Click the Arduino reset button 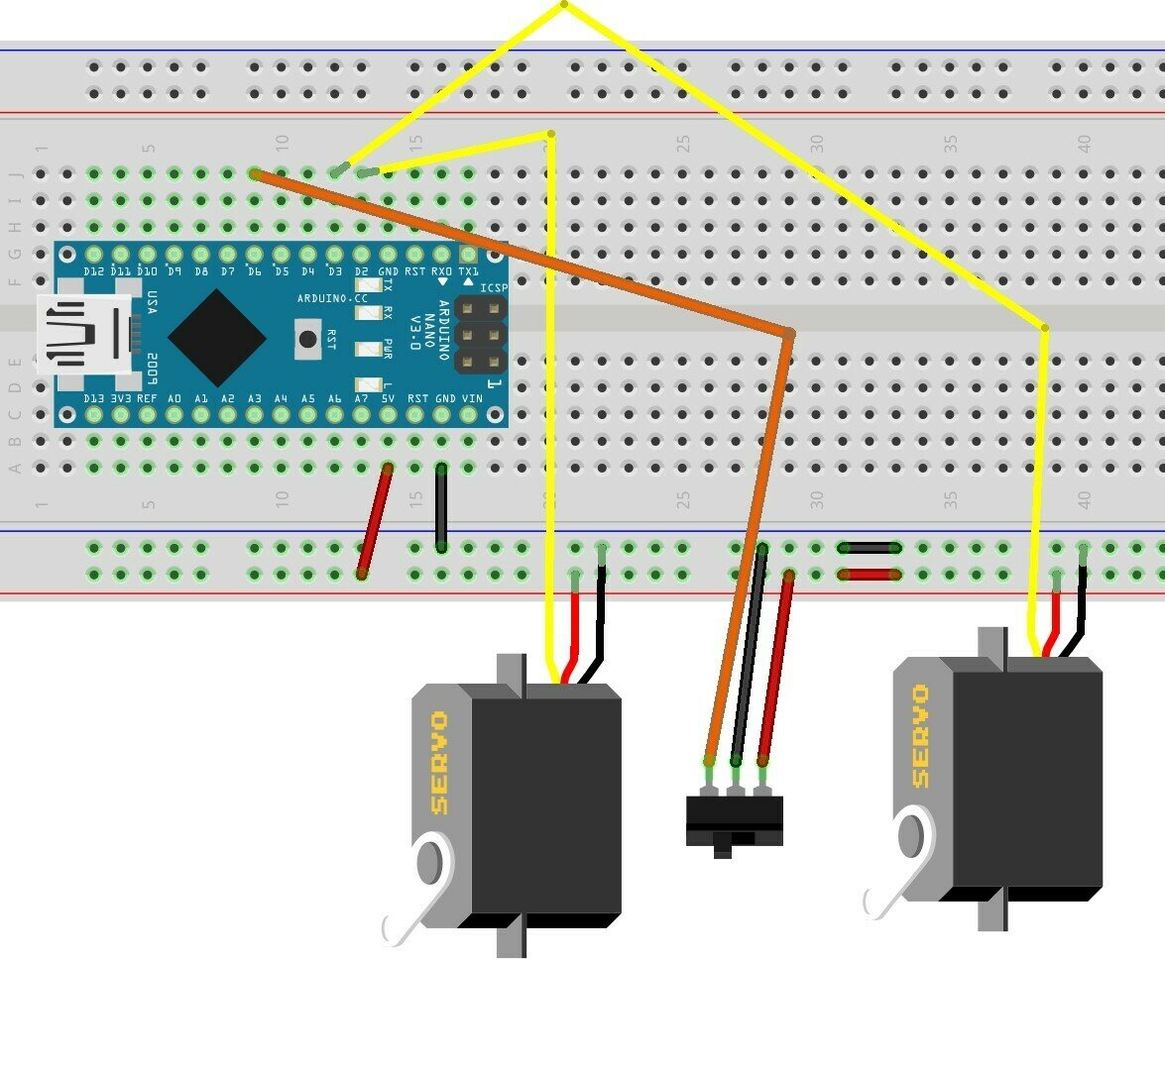(307, 340)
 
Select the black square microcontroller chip (217, 338)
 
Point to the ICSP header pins (480, 336)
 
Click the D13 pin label (94, 398)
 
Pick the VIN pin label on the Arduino (472, 398)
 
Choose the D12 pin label (94, 271)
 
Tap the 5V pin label (389, 398)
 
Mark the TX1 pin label (468, 271)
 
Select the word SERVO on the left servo (438, 763)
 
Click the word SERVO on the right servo (920, 736)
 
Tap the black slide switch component (735, 818)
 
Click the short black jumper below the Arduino (441, 507)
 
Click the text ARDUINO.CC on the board (332, 298)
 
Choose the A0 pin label (175, 398)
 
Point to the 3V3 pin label (121, 398)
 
